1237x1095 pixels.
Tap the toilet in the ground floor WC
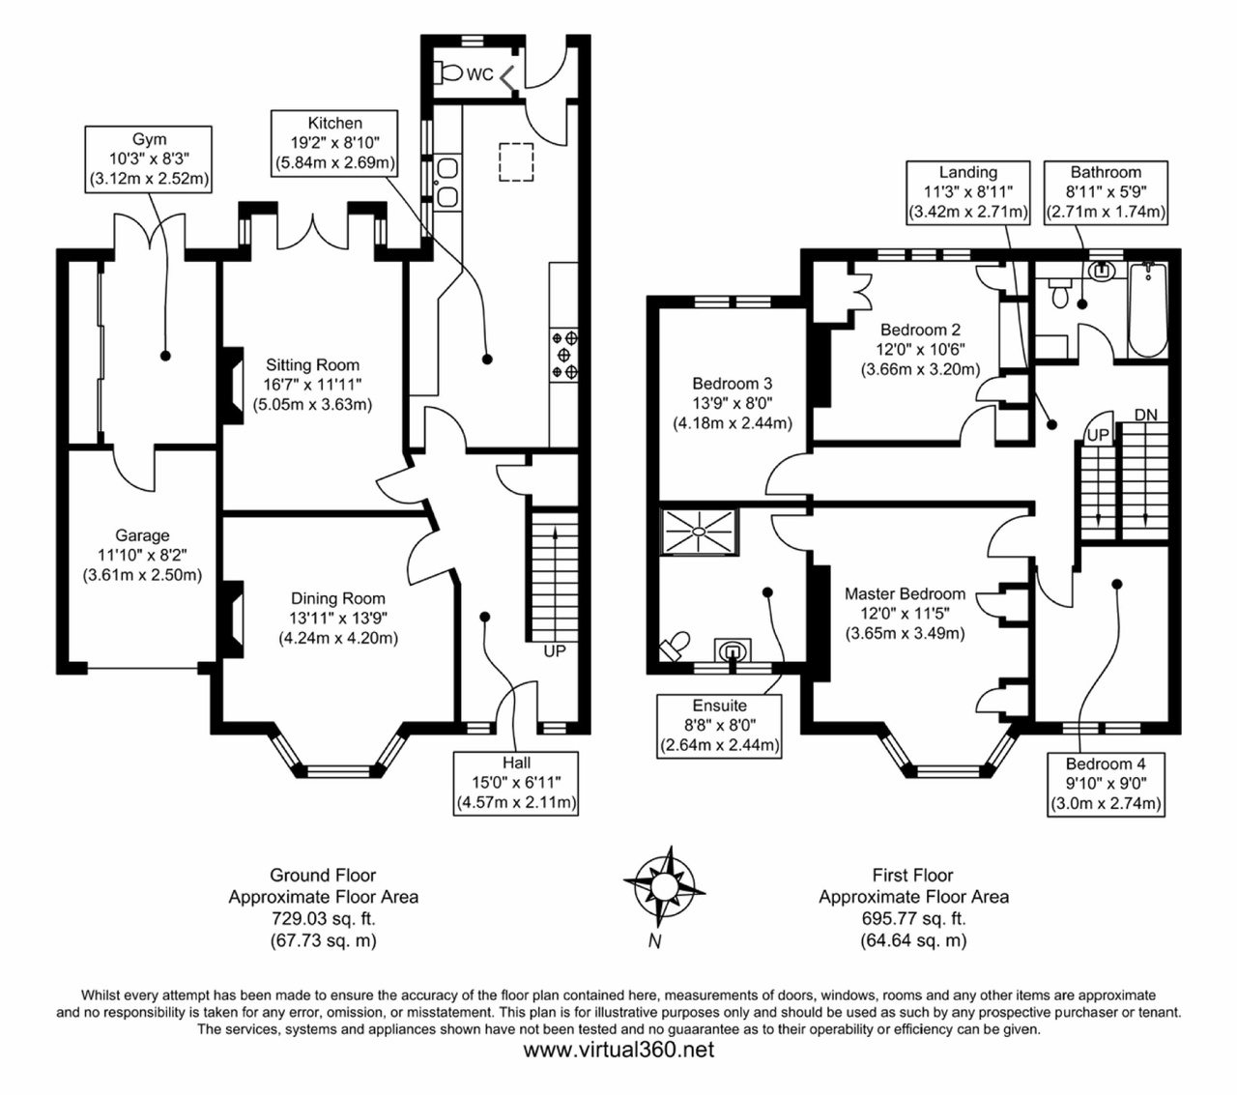coord(449,72)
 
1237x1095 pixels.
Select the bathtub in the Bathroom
coord(1148,309)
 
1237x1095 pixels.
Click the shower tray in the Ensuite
coord(699,532)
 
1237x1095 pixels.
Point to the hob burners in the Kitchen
coord(565,355)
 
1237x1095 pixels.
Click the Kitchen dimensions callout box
coord(334,143)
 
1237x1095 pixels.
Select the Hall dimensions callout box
coord(516,783)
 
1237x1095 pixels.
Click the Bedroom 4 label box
coord(1106,783)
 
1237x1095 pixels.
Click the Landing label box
coord(967,191)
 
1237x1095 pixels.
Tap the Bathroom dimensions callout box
coord(1106,191)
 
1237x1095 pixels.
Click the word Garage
coord(142,535)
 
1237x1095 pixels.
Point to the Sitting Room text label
coord(312,365)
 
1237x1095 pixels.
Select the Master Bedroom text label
coord(905,593)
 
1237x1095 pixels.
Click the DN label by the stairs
coord(1145,415)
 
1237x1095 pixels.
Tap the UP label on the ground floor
coord(554,651)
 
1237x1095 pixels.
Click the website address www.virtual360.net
coord(618,1050)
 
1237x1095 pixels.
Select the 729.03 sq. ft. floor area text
coord(323,918)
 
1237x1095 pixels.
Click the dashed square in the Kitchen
coord(516,161)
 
